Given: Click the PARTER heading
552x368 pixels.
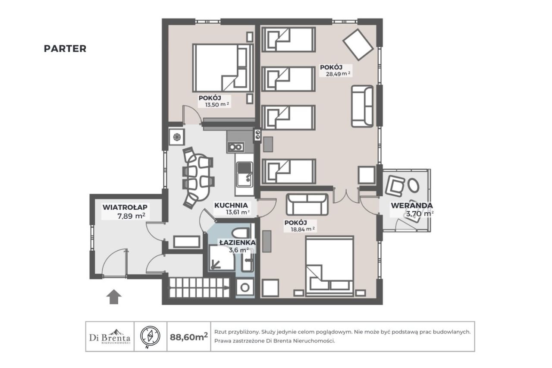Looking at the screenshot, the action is coord(65,49).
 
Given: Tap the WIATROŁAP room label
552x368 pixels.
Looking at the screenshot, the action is coord(125,207).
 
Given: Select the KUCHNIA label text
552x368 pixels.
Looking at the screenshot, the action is coord(231,205).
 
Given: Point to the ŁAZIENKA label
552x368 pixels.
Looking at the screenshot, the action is coord(238,242).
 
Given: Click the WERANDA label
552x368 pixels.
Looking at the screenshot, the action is coord(412,205).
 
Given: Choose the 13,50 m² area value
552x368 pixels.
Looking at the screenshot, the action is coord(217,104).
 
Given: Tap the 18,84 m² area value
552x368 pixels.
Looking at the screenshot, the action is coord(303,229).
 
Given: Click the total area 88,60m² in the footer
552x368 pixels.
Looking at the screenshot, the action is coord(189,337).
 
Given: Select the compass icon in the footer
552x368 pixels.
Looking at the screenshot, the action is coord(150,336).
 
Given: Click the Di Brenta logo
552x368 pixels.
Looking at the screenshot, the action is coord(110,337).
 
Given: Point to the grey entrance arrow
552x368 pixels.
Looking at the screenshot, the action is coord(114,297).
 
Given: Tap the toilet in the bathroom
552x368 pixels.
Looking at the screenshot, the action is coord(241,233).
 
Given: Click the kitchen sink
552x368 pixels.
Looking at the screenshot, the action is coord(245,174).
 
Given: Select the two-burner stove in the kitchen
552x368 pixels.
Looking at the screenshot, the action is coord(236,147).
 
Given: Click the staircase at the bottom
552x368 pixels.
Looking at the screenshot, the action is coord(199,288).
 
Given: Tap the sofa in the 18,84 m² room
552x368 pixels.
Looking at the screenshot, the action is coord(307,204).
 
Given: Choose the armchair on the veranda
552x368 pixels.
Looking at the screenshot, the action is coord(395,186).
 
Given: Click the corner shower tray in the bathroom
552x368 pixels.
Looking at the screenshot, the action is coord(222,258).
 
